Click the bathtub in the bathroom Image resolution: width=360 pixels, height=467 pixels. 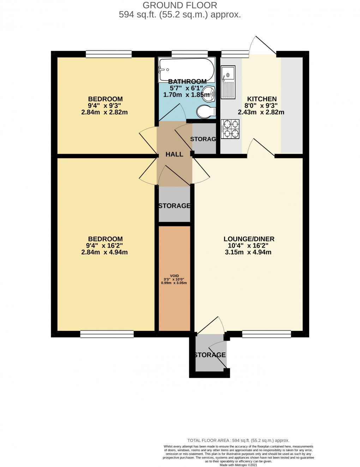(186, 69)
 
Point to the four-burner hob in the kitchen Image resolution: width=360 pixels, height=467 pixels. (230, 129)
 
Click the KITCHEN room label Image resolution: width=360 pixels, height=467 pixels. (262, 99)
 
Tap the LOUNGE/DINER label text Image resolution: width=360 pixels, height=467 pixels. (248, 239)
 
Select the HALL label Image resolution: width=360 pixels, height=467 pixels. (174, 154)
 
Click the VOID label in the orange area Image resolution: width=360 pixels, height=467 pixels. (174, 276)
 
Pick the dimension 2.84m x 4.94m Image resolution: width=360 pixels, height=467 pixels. (104, 252)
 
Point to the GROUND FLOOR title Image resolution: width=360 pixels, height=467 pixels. (180, 5)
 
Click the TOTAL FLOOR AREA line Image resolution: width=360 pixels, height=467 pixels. (238, 440)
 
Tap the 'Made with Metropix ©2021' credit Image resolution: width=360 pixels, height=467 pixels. (238, 465)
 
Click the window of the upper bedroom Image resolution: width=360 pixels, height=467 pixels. (109, 54)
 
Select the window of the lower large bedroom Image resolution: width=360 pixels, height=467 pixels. (107, 334)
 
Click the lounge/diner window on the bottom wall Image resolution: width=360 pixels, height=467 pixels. (266, 334)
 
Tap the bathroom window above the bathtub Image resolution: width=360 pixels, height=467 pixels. (189, 54)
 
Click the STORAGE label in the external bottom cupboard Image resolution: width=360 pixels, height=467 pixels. (210, 355)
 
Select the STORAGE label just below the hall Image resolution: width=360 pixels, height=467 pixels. (174, 206)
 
